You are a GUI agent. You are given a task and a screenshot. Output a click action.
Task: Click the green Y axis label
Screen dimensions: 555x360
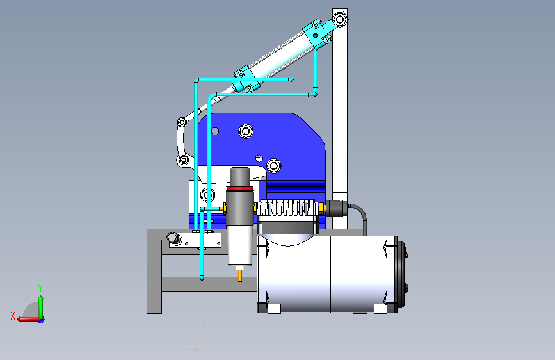40,288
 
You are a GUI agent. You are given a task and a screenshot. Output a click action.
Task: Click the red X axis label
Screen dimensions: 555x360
13,316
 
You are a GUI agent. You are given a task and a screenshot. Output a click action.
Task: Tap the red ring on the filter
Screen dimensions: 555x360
239,188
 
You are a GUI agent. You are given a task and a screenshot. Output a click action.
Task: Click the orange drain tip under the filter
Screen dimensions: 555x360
240,275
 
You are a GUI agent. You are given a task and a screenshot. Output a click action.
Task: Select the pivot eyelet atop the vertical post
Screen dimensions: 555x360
340,19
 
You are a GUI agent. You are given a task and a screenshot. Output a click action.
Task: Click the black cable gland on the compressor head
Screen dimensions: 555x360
336,208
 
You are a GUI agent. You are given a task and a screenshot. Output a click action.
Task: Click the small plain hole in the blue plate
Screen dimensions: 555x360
215,131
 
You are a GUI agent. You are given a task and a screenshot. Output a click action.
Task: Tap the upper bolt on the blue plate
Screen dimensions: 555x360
246,131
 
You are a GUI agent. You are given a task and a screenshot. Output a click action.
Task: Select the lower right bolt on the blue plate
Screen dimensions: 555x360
273,165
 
